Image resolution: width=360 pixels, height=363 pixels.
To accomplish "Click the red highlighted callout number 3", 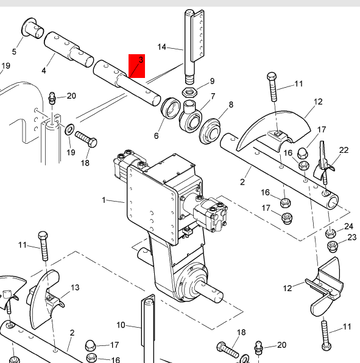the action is click(141, 60).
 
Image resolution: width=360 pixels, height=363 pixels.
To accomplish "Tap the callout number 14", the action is click(162, 47).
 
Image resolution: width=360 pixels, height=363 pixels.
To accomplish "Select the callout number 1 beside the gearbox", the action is click(104, 200).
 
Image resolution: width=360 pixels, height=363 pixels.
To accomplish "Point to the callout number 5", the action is click(14, 52).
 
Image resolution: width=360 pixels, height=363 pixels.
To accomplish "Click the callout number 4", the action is click(44, 71).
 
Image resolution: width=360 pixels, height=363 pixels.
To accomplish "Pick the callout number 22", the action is click(344, 150).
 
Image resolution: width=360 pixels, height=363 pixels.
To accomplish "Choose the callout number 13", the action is click(75, 287).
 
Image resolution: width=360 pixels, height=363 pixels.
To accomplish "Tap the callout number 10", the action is click(121, 325).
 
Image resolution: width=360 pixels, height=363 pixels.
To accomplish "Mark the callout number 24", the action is click(348, 226).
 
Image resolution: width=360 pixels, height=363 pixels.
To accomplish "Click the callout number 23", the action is click(352, 238).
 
